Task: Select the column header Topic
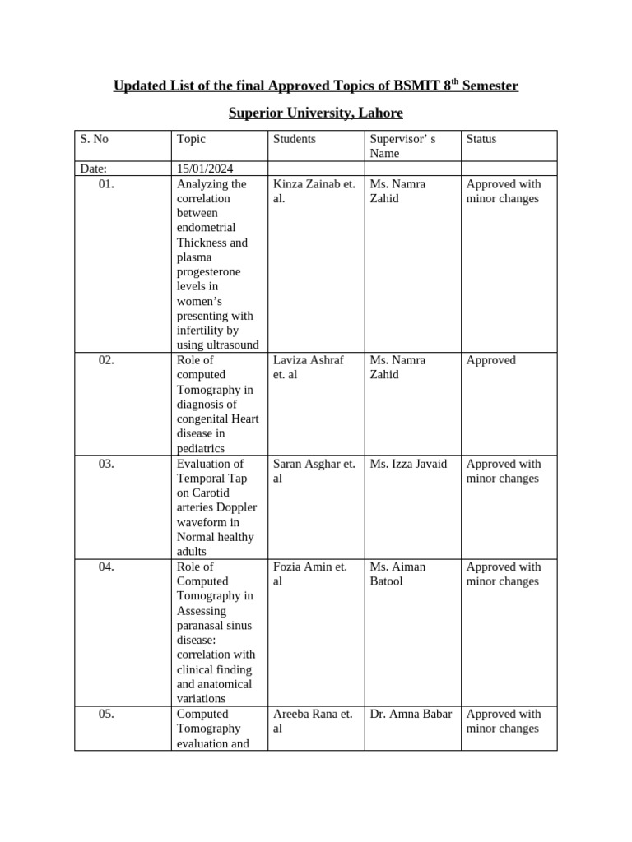(x=191, y=139)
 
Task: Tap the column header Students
(x=294, y=139)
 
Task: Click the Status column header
(x=481, y=139)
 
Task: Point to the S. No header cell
(x=94, y=139)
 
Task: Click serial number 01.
(x=105, y=184)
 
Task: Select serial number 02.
(x=105, y=360)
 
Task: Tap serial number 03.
(x=105, y=464)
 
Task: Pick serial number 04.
(x=105, y=567)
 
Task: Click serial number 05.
(x=105, y=714)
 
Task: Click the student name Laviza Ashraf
(x=308, y=360)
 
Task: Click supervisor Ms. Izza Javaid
(x=408, y=464)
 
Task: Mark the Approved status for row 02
(x=491, y=360)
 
